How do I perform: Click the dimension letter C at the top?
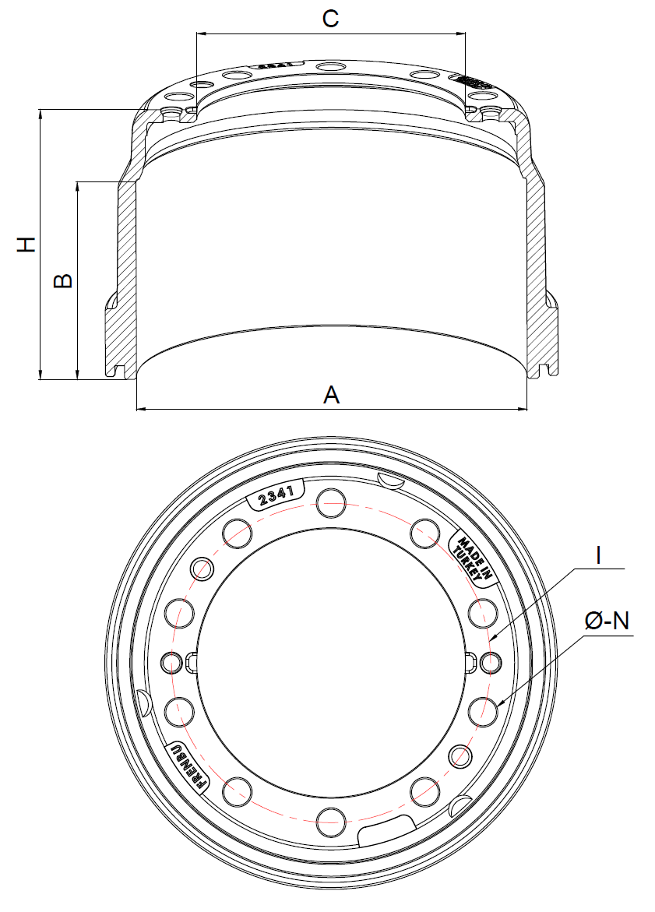(331, 19)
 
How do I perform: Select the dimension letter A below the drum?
(332, 395)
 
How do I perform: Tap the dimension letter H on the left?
(27, 244)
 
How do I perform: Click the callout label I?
(597, 556)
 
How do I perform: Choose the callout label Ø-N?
(607, 621)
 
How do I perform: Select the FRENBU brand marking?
(187, 766)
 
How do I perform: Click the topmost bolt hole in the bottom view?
(331, 502)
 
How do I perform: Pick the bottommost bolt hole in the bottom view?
(331, 820)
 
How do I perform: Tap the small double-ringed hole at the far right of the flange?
(491, 662)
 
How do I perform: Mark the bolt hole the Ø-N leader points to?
(484, 710)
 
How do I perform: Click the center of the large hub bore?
(331, 662)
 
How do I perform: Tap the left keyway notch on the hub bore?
(193, 662)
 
